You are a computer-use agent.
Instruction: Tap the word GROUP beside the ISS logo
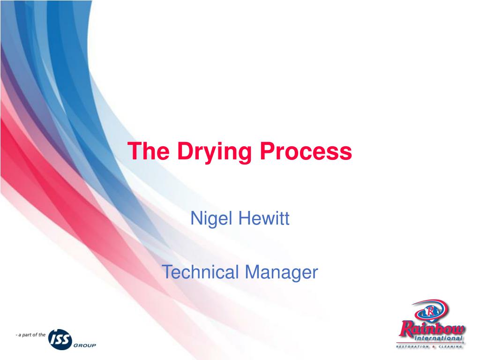tap(84, 345)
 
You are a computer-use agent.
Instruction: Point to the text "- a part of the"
tap(30, 335)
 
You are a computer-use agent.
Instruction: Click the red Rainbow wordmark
tap(432, 327)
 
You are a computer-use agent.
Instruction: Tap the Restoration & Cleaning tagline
tap(430, 347)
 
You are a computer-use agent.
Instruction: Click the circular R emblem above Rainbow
tap(430, 310)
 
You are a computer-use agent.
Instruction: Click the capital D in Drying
tap(185, 151)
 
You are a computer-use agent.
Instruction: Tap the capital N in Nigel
tap(195, 218)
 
